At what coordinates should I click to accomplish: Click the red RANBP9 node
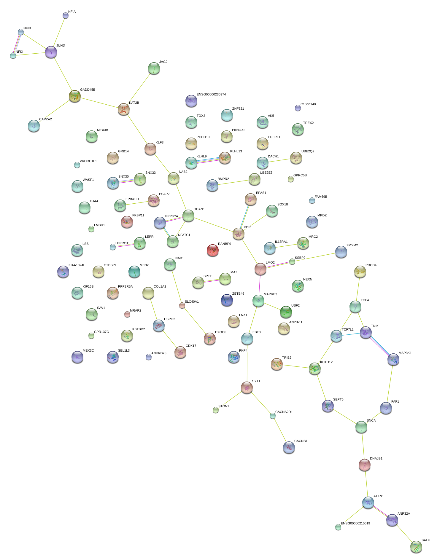click(x=212, y=250)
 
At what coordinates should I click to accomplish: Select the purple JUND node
click(x=51, y=52)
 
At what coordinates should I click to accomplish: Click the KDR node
click(x=238, y=234)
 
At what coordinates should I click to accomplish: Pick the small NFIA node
click(x=66, y=15)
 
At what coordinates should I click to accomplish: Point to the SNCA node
click(x=361, y=427)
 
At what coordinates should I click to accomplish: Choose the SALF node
click(x=416, y=547)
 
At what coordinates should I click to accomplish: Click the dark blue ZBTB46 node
click(x=227, y=300)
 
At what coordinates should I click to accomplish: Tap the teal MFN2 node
click(x=134, y=271)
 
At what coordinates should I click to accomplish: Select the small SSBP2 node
click(x=292, y=261)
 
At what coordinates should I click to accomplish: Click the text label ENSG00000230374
click(x=211, y=95)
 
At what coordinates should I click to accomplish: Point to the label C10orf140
click(x=308, y=104)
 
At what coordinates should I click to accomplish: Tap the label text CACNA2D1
click(x=284, y=412)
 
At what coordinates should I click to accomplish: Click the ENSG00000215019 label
click(x=355, y=524)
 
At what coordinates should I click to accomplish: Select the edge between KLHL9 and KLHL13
click(x=208, y=160)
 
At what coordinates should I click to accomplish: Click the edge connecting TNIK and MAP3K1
click(x=379, y=346)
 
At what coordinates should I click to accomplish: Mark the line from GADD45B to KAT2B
click(x=99, y=103)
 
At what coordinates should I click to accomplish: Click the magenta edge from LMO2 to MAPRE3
click(x=260, y=285)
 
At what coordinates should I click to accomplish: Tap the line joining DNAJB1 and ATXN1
click(x=366, y=484)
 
